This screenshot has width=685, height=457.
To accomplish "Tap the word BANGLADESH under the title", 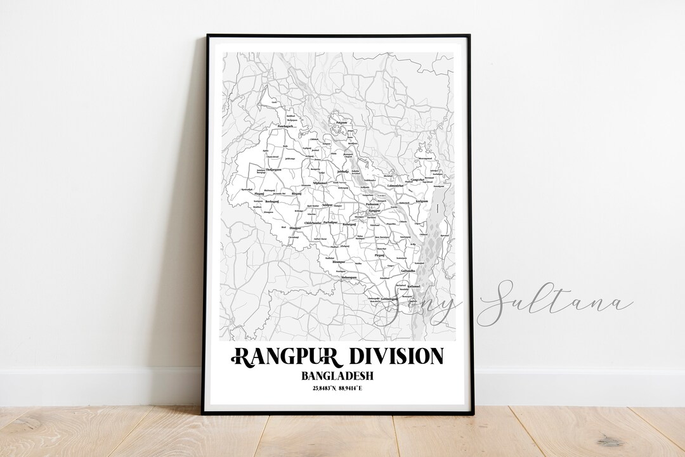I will [337, 375].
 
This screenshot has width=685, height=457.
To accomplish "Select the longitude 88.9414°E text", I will [356, 388].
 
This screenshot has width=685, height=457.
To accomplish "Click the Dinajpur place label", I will [296, 228].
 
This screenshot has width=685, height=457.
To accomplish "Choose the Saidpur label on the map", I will [327, 205].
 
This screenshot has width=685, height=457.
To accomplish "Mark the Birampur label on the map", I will [339, 262].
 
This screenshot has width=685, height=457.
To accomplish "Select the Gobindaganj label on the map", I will [385, 299].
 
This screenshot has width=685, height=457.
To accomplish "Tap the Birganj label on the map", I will [296, 192].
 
